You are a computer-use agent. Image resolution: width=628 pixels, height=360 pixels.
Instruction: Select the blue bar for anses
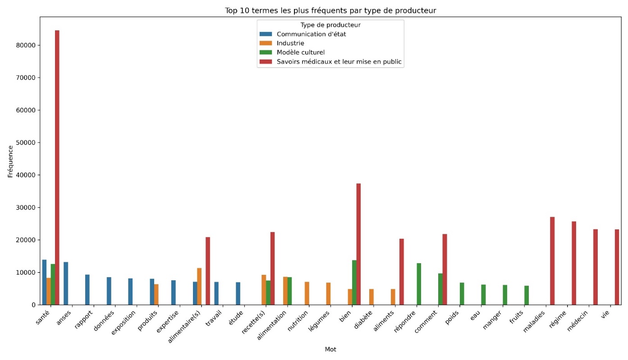click(66, 283)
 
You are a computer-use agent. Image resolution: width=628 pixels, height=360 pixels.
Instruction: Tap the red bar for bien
click(358, 244)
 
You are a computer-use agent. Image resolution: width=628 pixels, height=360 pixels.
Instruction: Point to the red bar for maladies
click(552, 261)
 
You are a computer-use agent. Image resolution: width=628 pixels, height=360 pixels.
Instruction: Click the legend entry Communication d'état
click(311, 34)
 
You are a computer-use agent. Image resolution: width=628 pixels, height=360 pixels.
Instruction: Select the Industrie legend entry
click(290, 43)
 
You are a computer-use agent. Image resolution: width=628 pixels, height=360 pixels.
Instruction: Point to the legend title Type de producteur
click(330, 25)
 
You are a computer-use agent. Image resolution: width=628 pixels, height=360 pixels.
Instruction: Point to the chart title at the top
click(330, 10)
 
